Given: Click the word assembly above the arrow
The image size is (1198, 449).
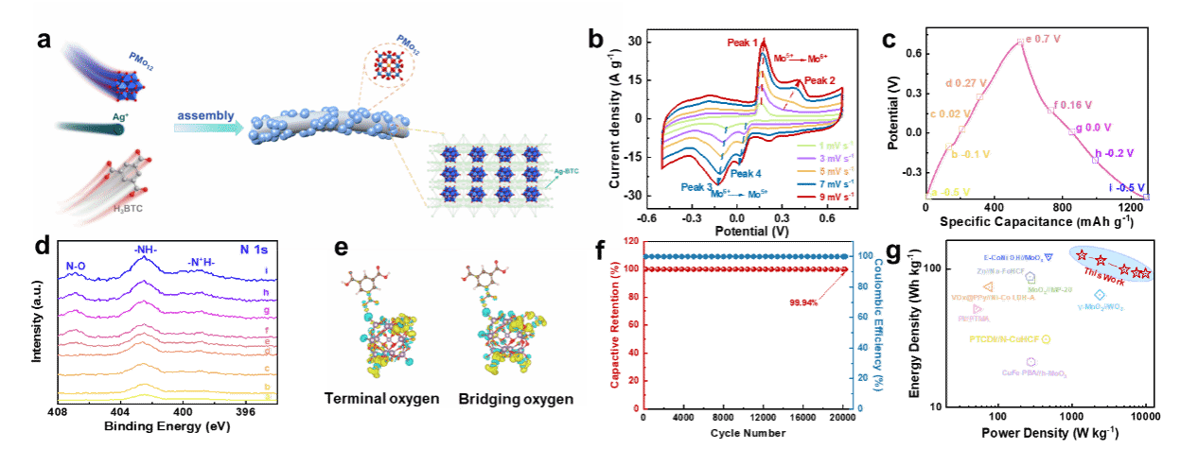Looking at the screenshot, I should pyautogui.click(x=203, y=115).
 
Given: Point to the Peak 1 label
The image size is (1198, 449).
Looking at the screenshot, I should pyautogui.click(x=749, y=43).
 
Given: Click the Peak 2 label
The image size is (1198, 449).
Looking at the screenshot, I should pyautogui.click(x=820, y=81).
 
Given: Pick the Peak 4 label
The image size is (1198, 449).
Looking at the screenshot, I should pyautogui.click(x=745, y=174).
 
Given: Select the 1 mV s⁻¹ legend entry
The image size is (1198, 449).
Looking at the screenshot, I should pyautogui.click(x=832, y=145).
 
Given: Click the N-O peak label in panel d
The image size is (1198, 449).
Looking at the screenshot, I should pyautogui.click(x=77, y=267).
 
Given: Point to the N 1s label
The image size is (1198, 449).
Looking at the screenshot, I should pyautogui.click(x=255, y=251).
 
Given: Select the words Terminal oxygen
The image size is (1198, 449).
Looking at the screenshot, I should pyautogui.click(x=383, y=398).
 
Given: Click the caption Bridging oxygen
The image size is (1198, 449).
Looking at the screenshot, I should pyautogui.click(x=516, y=398).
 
